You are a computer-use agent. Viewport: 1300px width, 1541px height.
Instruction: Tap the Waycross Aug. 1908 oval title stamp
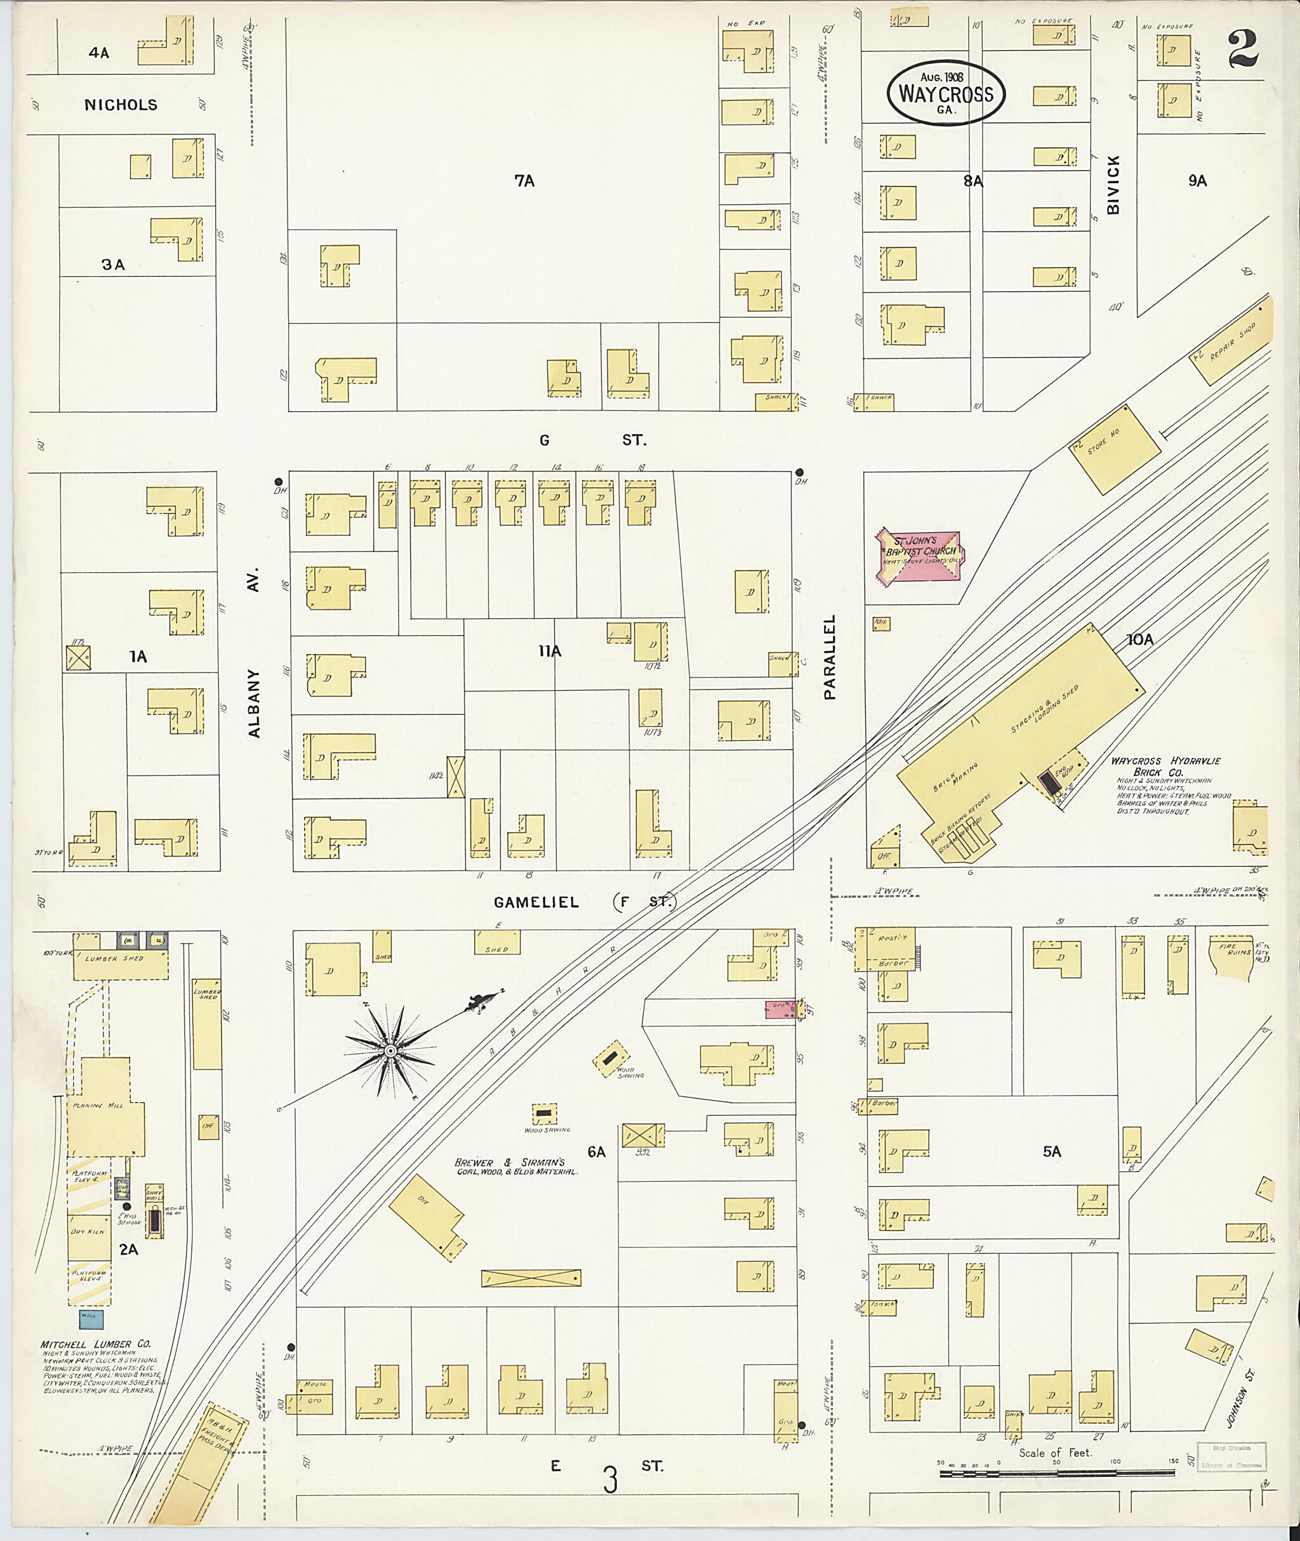[x=946, y=93]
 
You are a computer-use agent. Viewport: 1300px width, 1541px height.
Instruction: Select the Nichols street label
[x=121, y=105]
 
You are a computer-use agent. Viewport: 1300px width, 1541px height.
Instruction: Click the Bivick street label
[x=1113, y=195]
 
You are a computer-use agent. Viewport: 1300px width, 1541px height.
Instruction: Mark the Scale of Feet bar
[x=1058, y=1473]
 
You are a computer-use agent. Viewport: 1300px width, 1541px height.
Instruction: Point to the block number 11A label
[x=550, y=651]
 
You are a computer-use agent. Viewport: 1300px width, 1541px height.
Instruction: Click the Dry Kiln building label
[x=88, y=1231]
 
